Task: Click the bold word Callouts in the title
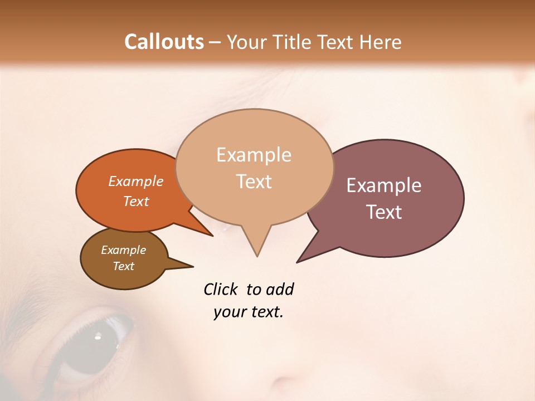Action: [x=164, y=42]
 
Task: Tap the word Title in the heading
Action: [x=292, y=42]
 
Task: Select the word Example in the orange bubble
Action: [x=136, y=182]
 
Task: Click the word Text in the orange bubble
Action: [x=136, y=202]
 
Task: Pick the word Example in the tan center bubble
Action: [x=254, y=155]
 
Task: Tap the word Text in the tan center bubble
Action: [x=254, y=182]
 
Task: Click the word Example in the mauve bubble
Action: [x=384, y=185]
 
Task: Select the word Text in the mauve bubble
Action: [x=384, y=212]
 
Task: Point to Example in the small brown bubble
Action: [x=124, y=250]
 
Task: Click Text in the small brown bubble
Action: [x=124, y=266]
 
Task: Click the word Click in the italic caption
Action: [x=220, y=289]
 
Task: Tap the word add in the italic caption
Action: [x=280, y=289]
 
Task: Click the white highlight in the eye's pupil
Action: [x=98, y=336]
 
